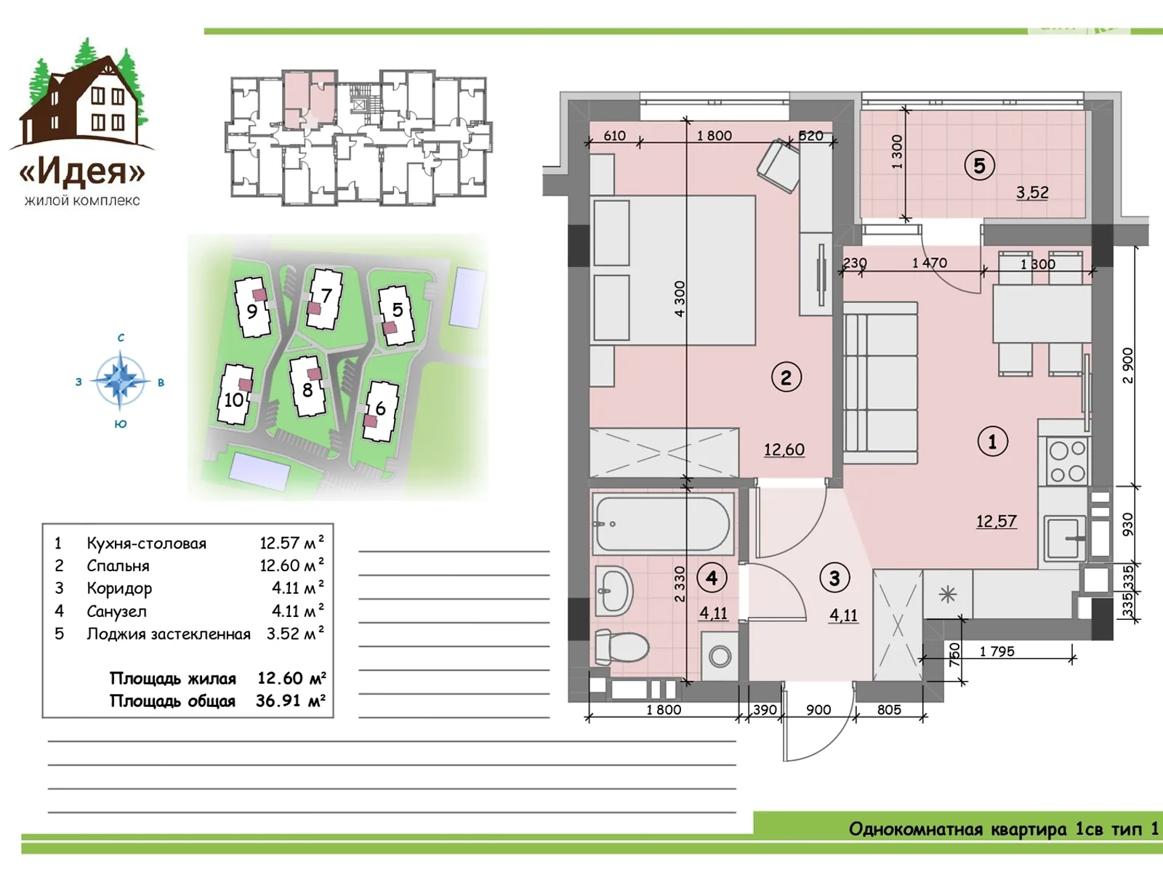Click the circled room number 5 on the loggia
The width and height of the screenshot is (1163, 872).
[979, 166]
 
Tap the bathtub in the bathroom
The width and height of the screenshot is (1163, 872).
[663, 525]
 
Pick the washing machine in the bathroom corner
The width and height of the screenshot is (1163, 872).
[720, 656]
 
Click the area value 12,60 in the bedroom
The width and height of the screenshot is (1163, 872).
[784, 450]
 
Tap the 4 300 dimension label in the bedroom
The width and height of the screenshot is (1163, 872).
[680, 299]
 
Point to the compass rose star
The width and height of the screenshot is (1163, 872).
[120, 381]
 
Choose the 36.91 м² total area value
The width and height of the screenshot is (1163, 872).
[290, 701]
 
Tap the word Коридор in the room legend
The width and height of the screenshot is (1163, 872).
[119, 588]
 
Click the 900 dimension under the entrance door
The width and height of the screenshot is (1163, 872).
[818, 710]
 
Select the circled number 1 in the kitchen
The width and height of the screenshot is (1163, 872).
[992, 441]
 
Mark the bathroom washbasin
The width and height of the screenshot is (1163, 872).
[615, 592]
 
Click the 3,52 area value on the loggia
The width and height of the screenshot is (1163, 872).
[1032, 192]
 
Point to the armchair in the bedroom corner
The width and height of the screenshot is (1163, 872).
[778, 166]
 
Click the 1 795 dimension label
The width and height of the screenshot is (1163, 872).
[997, 651]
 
